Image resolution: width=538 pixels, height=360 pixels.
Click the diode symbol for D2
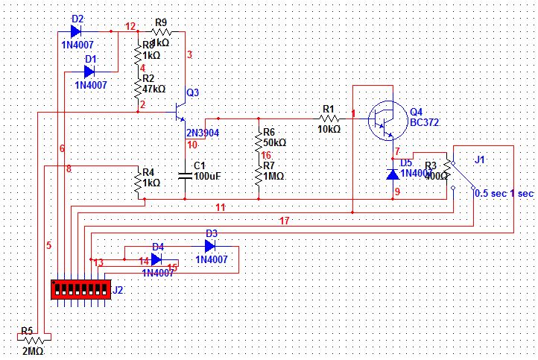coord(75,31)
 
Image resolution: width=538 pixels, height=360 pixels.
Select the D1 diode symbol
coord(89,72)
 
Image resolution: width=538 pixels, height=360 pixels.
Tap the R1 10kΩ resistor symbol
coord(329,119)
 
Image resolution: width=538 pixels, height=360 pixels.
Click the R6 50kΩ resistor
coord(259,140)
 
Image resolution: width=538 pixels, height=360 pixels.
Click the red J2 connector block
coord(81,289)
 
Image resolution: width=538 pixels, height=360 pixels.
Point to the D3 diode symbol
coord(209,245)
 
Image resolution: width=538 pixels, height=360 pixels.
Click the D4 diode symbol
coord(156,259)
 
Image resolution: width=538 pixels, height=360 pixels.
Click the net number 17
coord(284,221)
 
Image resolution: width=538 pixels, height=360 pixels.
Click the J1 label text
coord(480,159)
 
